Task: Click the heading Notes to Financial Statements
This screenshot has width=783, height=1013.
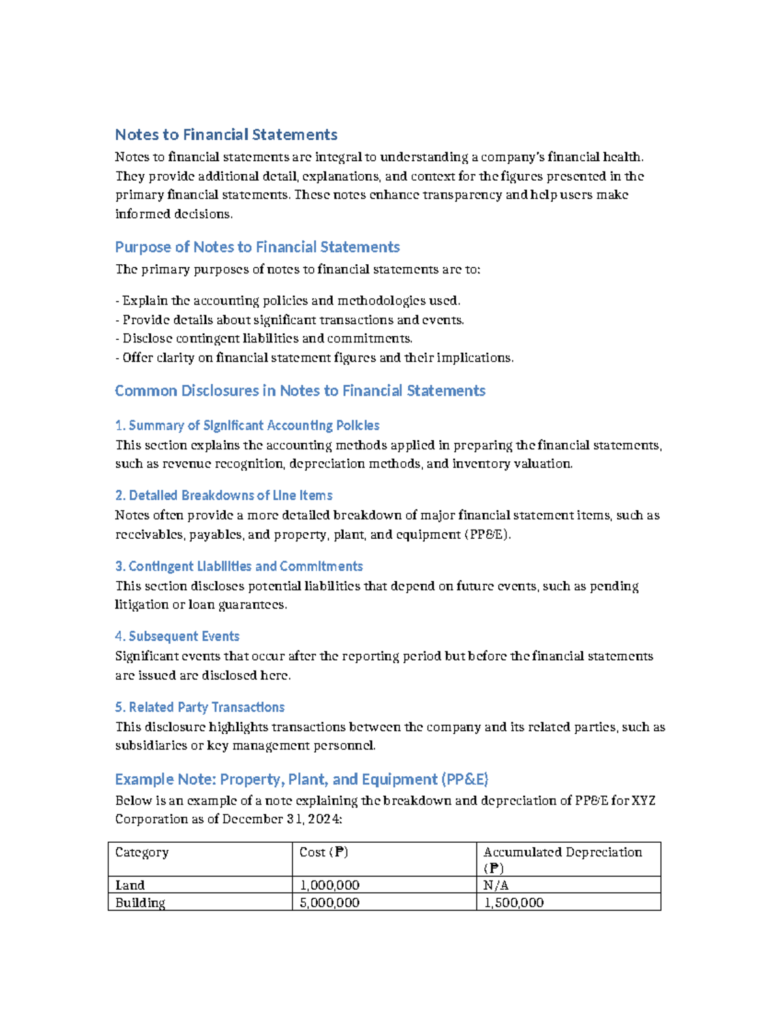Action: [226, 134]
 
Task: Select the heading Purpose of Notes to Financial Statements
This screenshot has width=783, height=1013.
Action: [257, 247]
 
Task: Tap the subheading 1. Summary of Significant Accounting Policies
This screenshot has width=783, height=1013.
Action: [247, 425]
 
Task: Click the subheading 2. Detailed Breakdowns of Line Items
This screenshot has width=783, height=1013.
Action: [224, 495]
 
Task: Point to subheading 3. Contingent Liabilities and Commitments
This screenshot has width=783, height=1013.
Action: [239, 566]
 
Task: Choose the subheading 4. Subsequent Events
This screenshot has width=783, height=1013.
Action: [177, 636]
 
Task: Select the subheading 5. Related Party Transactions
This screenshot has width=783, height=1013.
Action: [200, 707]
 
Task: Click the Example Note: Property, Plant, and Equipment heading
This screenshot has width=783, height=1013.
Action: [301, 779]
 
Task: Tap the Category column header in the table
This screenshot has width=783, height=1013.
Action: [142, 852]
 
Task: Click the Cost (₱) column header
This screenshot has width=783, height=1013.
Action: [324, 852]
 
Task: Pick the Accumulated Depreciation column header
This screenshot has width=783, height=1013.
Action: [562, 852]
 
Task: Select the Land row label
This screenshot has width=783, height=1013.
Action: [130, 885]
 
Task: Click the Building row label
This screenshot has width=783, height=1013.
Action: [140, 903]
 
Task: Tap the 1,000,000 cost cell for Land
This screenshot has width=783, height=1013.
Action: [330, 885]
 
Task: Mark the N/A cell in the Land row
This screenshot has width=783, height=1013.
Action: [496, 885]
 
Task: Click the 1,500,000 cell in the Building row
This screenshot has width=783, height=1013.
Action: [514, 903]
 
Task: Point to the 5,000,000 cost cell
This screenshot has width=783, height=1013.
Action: [330, 903]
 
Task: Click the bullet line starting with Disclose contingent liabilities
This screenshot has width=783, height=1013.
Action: [264, 339]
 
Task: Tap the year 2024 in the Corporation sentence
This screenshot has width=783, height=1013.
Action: [324, 819]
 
